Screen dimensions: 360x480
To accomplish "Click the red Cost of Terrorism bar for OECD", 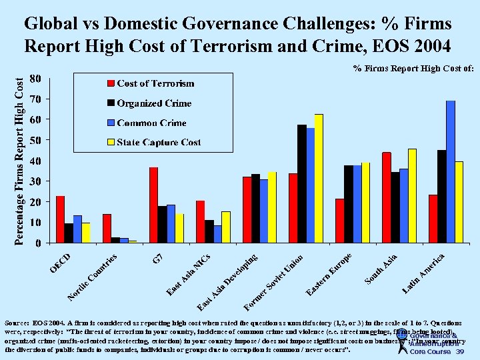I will pyautogui.click(x=60, y=219).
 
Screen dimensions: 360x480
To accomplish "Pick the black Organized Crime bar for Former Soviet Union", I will pyautogui.click(x=301, y=183).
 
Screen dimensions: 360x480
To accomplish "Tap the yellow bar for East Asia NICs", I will pyautogui.click(x=226, y=227).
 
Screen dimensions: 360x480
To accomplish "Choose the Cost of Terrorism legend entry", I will pyautogui.click(x=155, y=83).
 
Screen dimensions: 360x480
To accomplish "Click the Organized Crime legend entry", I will pyautogui.click(x=154, y=103).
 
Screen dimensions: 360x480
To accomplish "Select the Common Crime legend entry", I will pyautogui.click(x=151, y=123).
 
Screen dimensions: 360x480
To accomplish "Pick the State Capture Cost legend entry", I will pyautogui.click(x=159, y=142).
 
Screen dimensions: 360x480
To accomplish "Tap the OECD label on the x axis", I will pyautogui.click(x=60, y=261).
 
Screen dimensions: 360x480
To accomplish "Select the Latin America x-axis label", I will pyautogui.click(x=424, y=273).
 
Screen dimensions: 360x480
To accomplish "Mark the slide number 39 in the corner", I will pyautogui.click(x=459, y=351).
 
